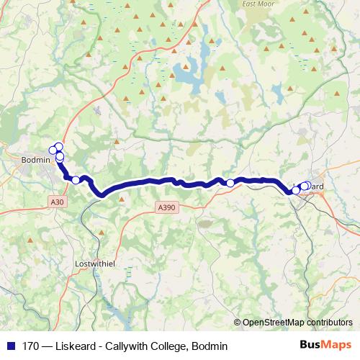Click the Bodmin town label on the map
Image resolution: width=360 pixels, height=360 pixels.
[37, 159]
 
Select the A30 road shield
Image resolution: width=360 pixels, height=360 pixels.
[58, 202]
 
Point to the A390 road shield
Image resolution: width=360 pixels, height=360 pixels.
[166, 207]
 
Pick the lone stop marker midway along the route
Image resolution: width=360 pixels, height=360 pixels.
[230, 183]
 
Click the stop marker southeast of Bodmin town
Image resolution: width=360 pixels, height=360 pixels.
[76, 180]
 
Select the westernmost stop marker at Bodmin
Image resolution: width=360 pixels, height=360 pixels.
[53, 150]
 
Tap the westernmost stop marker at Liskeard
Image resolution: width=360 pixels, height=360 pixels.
[296, 191]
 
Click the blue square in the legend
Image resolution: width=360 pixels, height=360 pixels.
[11, 346]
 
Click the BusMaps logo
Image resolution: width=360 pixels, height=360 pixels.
[326, 346]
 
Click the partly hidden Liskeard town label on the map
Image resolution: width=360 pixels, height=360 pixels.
[317, 187]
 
